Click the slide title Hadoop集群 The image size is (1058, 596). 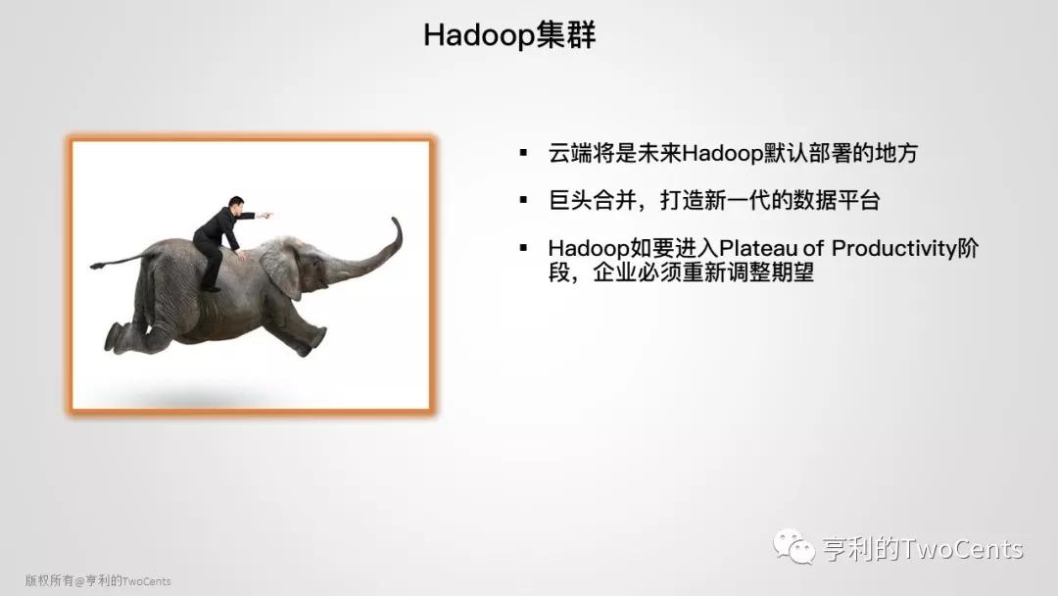[509, 35]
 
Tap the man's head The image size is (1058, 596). [235, 205]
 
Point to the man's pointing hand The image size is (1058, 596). [265, 216]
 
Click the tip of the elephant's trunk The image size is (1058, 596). [396, 219]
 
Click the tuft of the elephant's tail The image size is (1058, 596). [96, 266]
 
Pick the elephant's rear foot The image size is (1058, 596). [114, 337]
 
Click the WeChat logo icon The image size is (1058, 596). [794, 546]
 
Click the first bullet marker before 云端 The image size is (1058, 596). [523, 153]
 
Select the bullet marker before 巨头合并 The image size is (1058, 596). [523, 200]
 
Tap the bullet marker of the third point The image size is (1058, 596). [523, 248]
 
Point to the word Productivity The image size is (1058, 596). [895, 248]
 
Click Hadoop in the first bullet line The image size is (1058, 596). [722, 153]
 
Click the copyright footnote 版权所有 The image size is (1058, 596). [49, 580]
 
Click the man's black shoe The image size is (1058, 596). [212, 289]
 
